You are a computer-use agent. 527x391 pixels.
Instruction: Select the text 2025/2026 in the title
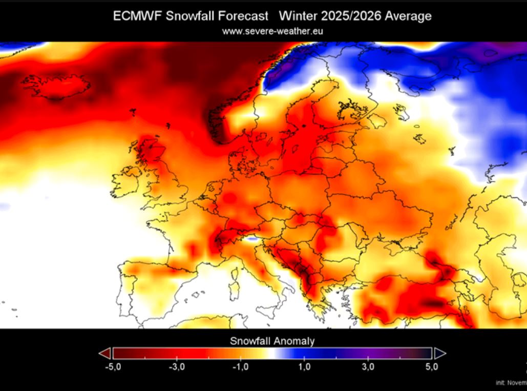coord(353,16)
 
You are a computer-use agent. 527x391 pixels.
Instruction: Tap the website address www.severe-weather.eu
coord(272,31)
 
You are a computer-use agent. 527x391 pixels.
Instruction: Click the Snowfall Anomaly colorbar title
coord(272,341)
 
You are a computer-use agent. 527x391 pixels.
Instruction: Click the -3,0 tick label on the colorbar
coord(176,367)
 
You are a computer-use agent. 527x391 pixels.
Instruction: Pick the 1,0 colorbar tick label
coord(304,367)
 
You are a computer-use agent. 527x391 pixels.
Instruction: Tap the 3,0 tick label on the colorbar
coord(368,367)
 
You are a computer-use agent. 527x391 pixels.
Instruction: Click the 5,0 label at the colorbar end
coord(432,367)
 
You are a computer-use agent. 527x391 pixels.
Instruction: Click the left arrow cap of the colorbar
coord(105,353)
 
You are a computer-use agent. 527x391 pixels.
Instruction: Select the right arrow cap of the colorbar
coord(440,353)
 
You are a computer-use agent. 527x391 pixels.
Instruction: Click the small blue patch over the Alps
coord(251,238)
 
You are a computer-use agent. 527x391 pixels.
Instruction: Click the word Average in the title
coord(408,16)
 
